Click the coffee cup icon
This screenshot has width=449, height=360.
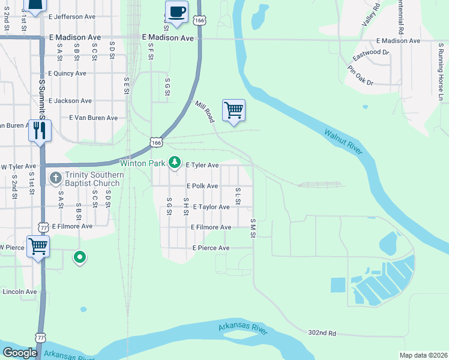tap(176, 12)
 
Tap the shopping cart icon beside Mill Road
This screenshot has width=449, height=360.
tap(234, 110)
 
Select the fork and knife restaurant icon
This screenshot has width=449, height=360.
tap(40, 131)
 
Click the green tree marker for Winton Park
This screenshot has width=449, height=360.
tap(175, 162)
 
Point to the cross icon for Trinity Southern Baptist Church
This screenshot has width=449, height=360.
tap(55, 178)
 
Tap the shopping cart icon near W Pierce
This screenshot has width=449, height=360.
tap(38, 246)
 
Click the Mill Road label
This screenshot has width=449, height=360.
tap(205, 112)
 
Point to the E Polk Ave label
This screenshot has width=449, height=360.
tap(202, 186)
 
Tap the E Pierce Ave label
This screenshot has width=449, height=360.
tap(211, 248)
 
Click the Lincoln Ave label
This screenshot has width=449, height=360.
tap(20, 292)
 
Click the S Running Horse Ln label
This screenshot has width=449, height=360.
tap(441, 72)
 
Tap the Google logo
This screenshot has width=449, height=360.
tap(20, 353)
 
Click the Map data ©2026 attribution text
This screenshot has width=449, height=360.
tap(423, 355)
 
